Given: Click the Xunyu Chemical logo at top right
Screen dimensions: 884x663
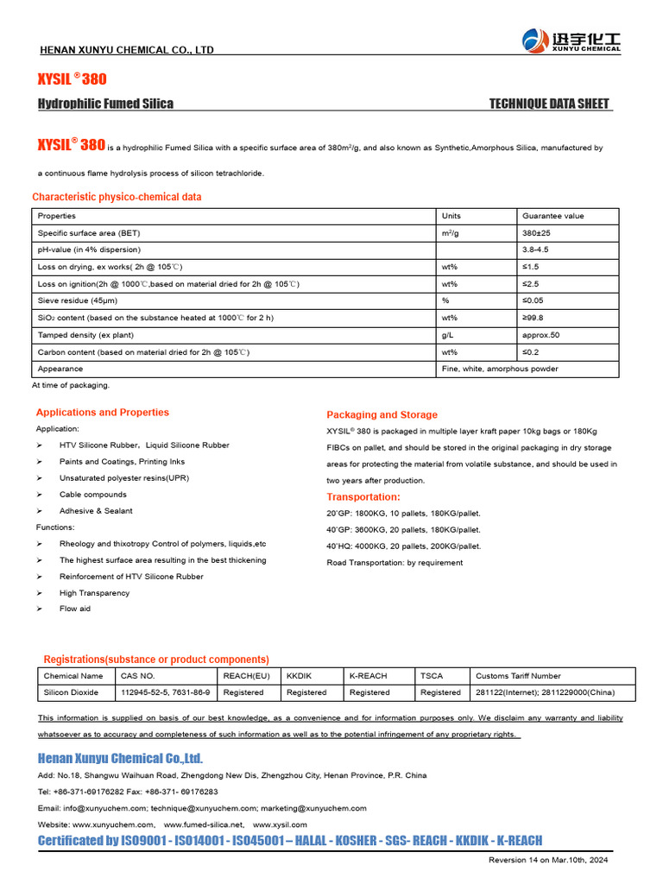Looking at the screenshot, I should click(571, 40).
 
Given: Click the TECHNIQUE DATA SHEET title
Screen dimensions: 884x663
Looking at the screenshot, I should click(549, 104).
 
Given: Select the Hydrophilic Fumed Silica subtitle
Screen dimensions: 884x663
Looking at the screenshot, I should click(105, 104).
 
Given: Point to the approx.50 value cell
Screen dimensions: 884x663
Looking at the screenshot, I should click(541, 335).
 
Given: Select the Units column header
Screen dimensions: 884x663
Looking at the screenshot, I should click(451, 216).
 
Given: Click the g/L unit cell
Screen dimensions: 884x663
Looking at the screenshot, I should click(447, 335).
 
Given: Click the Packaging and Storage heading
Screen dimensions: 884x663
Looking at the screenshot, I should click(382, 415).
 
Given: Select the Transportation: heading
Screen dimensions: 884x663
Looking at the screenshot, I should click(363, 497).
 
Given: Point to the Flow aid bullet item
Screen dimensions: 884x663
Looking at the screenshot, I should click(74, 609).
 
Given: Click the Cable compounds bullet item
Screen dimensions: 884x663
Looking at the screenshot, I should click(92, 495).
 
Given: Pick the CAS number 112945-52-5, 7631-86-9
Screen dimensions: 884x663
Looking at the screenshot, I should click(165, 692).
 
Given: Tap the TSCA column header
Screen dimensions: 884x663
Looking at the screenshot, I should click(431, 676).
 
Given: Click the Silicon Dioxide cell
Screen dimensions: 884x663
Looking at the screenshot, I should click(72, 692).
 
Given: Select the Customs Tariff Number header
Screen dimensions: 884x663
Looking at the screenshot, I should click(518, 676).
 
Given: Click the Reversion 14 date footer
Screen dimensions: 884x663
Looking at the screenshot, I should click(548, 860).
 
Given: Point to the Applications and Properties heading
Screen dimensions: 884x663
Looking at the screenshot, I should click(103, 413).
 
